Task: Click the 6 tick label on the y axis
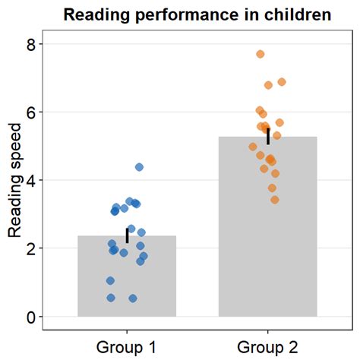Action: pos(31,112)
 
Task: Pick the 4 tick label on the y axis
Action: pos(31,180)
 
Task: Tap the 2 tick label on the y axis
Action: pos(31,248)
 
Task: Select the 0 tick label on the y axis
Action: pos(31,317)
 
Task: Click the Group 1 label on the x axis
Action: pos(127,347)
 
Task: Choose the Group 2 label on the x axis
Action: pos(268,347)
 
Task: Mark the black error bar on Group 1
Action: pos(127,235)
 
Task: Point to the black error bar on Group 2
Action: pos(268,136)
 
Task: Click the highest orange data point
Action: pos(261,54)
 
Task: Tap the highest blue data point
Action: pos(139,167)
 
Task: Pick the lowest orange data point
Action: pos(275,200)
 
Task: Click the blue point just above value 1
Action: pos(110,281)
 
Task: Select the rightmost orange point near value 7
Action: pos(282,82)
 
